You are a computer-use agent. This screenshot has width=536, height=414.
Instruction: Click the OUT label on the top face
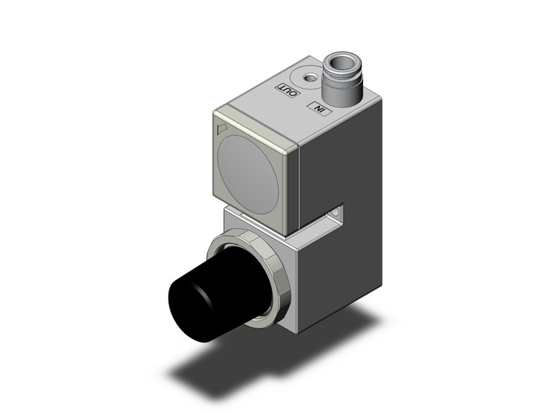[288, 90]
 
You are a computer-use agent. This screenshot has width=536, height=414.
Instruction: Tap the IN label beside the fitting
[320, 109]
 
